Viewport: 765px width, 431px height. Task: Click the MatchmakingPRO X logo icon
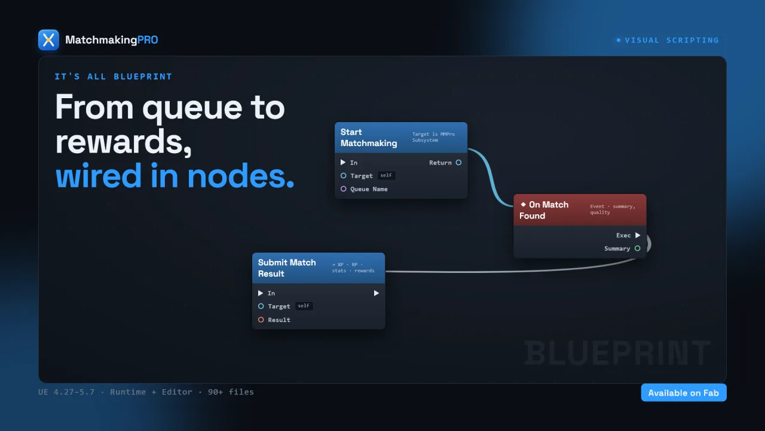coord(48,40)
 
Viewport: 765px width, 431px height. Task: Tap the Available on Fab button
coord(683,393)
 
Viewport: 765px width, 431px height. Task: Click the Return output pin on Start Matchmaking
coord(458,162)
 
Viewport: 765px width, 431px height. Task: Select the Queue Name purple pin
coord(344,189)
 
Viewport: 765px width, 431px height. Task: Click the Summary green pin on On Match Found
coord(637,248)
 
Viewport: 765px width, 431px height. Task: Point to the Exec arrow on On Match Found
coord(638,235)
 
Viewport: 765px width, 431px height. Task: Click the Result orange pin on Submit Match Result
coord(261,320)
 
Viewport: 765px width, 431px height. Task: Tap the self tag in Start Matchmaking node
coord(386,175)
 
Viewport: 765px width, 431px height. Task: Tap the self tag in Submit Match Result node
coord(304,306)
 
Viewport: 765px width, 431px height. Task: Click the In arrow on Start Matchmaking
coord(343,162)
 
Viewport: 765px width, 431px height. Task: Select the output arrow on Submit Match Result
coord(376,293)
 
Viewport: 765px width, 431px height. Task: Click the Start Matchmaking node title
coord(369,138)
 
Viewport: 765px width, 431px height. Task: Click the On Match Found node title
coord(544,210)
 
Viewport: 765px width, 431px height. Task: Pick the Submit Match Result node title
coord(287,268)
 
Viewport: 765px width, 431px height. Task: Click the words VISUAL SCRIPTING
coord(672,40)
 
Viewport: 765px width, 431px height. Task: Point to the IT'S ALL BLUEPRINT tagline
coord(114,76)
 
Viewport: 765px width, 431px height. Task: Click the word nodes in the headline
coord(240,176)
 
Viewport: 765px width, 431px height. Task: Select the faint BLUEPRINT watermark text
coord(617,353)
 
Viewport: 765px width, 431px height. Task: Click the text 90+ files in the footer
coord(231,391)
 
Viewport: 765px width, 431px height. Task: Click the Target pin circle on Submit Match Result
coord(261,306)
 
